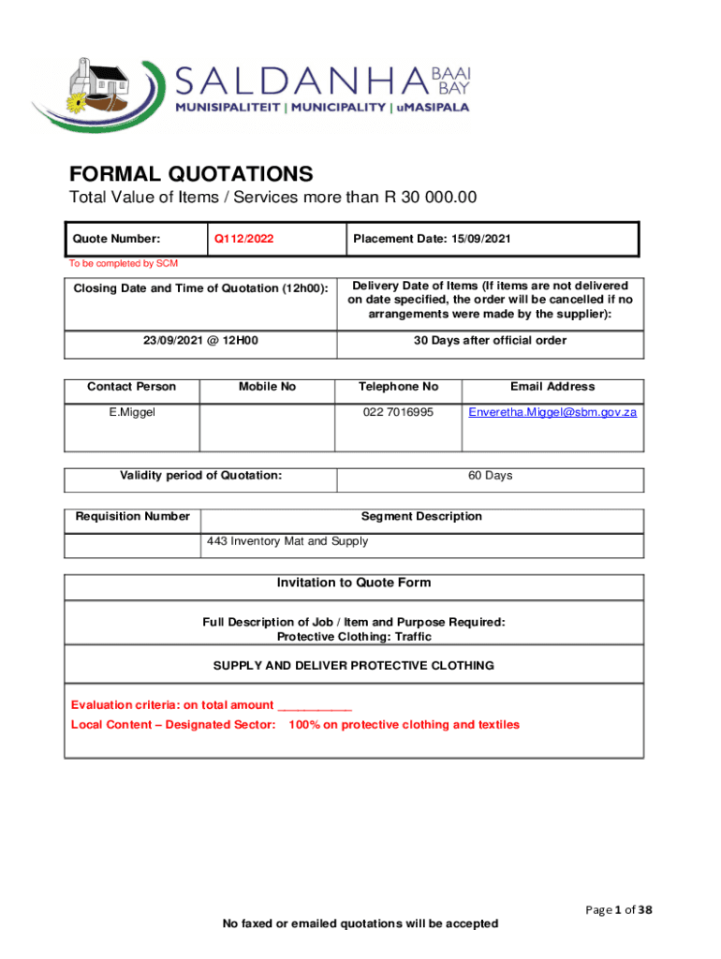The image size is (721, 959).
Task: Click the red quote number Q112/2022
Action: tap(244, 239)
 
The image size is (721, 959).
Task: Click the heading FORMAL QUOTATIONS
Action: tap(191, 174)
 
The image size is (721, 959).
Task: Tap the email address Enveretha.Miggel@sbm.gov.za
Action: tap(552, 412)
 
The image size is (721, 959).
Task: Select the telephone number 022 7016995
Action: tap(398, 412)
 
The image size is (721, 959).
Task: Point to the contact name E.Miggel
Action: tap(131, 412)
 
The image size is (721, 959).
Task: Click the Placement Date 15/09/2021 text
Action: tap(432, 239)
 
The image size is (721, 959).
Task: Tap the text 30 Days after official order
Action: tap(490, 341)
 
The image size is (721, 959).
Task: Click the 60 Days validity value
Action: tap(490, 476)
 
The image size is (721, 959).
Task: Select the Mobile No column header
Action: tap(267, 387)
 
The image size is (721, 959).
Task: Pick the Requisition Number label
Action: tap(133, 516)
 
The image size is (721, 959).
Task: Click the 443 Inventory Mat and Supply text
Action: tap(287, 541)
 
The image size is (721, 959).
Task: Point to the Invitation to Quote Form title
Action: tap(354, 583)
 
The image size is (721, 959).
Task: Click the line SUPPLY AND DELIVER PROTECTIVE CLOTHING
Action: tap(354, 666)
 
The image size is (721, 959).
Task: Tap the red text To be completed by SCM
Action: tap(124, 263)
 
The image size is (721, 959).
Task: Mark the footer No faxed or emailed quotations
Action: tap(360, 924)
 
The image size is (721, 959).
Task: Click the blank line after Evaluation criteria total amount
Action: tap(315, 706)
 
